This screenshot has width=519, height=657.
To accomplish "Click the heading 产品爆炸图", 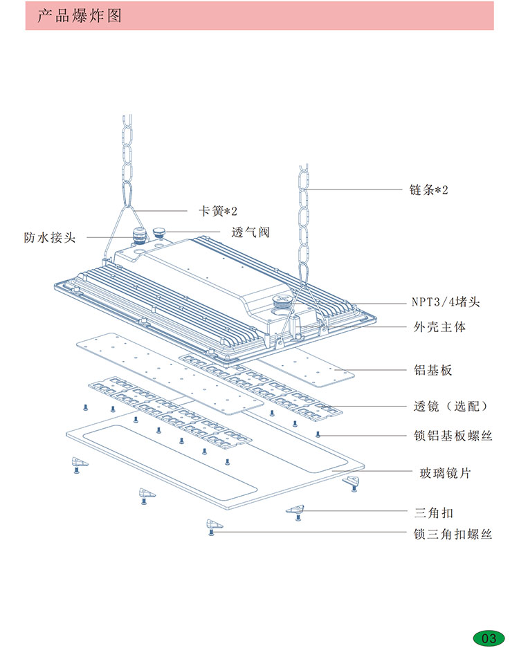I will click(79, 15).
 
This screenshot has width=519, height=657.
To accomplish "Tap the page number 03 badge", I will click(489, 638).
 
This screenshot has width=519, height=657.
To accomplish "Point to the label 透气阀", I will click(250, 232).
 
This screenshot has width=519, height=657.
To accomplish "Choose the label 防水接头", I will click(49, 237).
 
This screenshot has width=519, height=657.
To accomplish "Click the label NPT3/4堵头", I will click(446, 302).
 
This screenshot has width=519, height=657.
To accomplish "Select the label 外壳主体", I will click(439, 326).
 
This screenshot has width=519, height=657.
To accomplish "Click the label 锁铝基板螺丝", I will click(453, 435).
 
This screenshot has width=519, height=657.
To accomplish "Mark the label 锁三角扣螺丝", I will click(453, 534).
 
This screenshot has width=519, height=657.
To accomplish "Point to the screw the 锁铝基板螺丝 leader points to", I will click(318, 434).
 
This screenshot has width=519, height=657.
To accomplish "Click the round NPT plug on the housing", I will click(282, 301).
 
